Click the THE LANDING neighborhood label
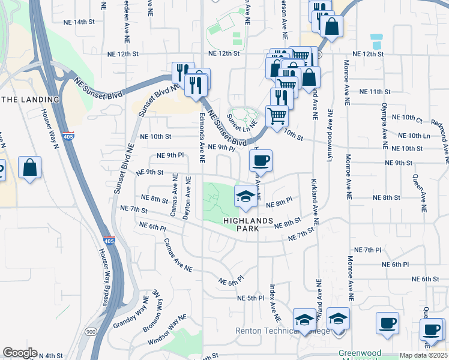point(31,99)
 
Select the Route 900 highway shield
point(91,331)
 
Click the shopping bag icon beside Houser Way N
point(29,168)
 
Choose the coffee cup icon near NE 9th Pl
point(261,160)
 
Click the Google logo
point(20,353)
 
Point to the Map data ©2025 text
point(423,355)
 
